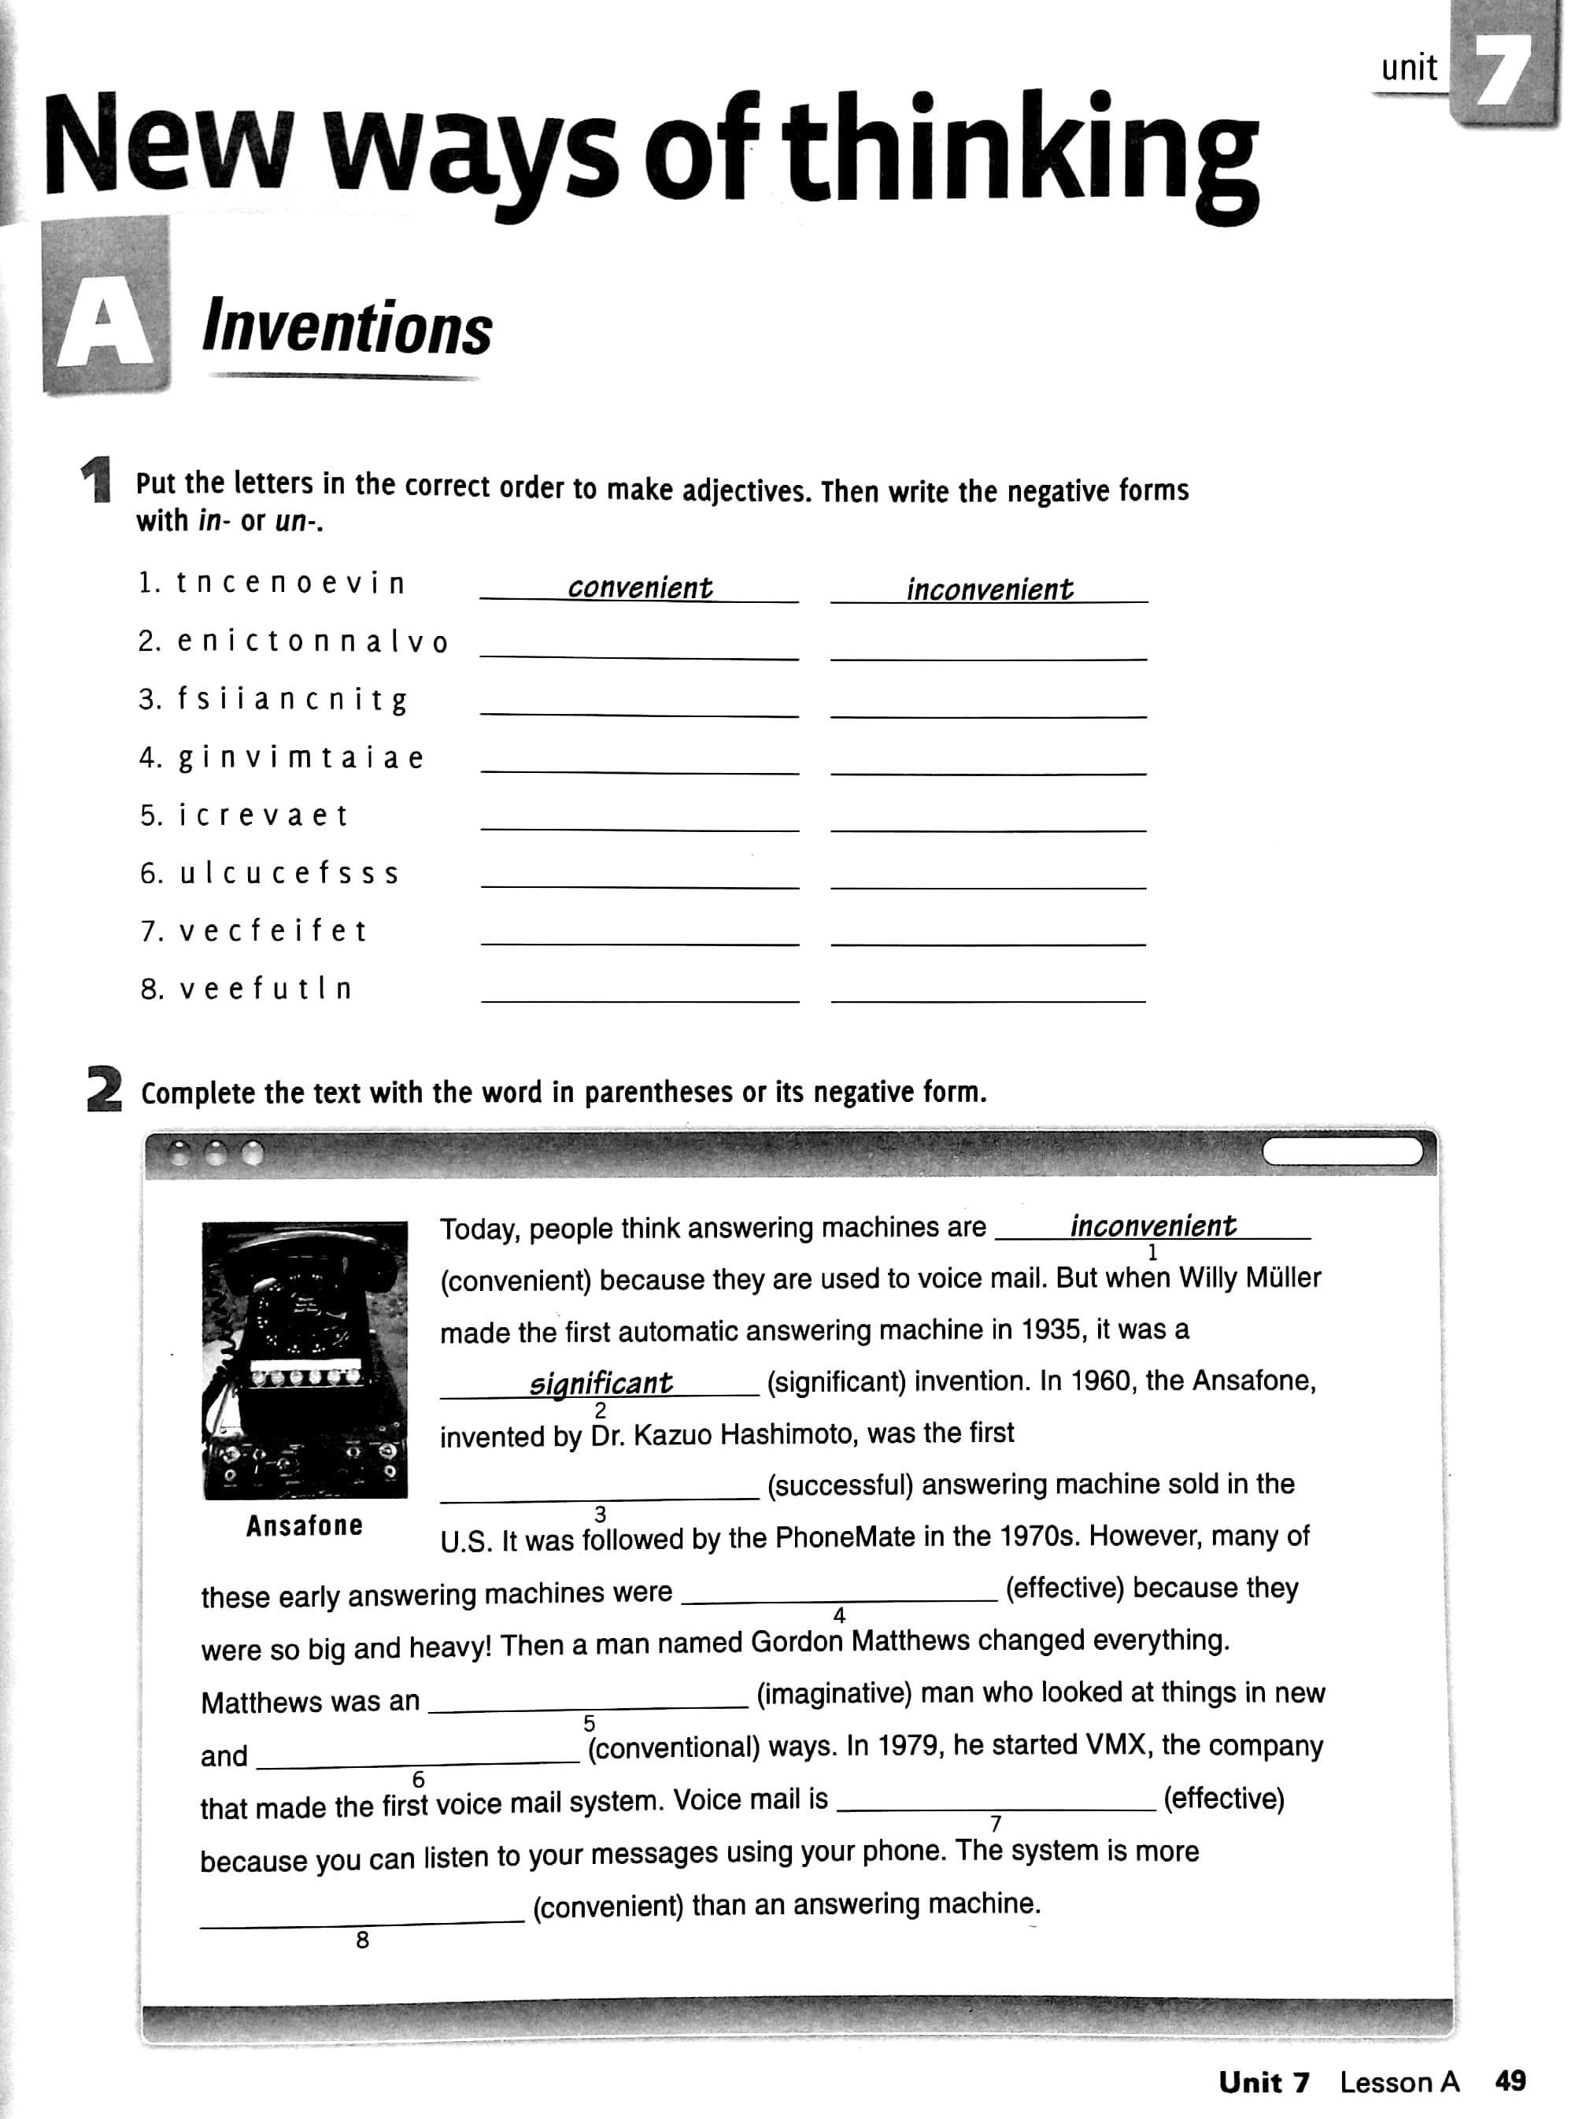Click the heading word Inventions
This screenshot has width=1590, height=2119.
[347, 328]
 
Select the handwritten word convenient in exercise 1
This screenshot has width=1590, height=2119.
[640, 587]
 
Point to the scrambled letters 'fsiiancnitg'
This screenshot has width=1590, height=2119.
[292, 701]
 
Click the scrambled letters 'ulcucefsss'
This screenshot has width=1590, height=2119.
[288, 874]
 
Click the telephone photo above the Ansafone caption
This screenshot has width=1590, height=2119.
[305, 1359]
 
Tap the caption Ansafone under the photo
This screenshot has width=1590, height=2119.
[305, 1526]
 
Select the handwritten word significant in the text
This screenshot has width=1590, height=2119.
[601, 1383]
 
